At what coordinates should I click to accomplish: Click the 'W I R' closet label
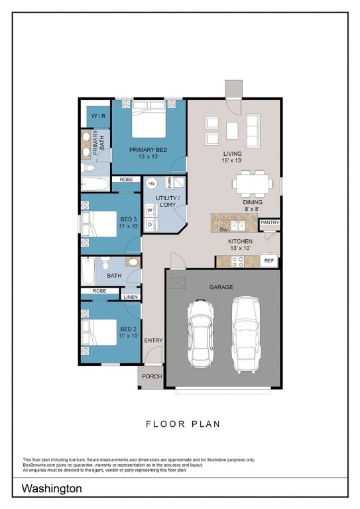(x=98, y=116)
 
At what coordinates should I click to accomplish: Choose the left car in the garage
(x=203, y=332)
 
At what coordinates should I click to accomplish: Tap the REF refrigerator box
(x=269, y=260)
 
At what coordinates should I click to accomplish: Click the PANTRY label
(x=270, y=223)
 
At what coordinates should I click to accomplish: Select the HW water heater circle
(x=152, y=184)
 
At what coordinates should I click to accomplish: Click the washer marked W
(x=150, y=210)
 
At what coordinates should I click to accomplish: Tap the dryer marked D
(x=150, y=225)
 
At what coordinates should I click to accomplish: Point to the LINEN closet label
(x=131, y=297)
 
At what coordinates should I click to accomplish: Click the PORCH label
(x=152, y=376)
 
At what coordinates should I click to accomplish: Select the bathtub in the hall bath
(x=88, y=271)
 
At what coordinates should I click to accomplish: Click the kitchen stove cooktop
(x=237, y=261)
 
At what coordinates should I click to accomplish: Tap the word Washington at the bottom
(x=52, y=488)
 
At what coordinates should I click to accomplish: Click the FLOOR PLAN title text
(x=182, y=424)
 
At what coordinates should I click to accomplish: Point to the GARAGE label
(x=221, y=287)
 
